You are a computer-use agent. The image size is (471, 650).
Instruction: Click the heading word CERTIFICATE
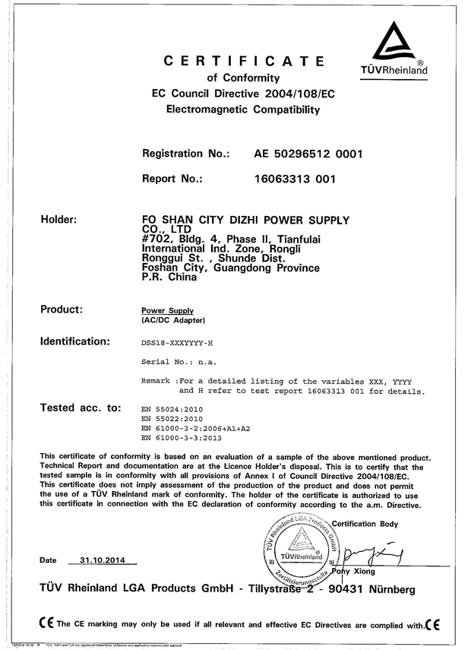[x=245, y=61]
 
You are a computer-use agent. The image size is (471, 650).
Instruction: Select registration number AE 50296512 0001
[x=308, y=154]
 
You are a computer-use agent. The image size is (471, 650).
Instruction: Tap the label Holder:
[x=58, y=220]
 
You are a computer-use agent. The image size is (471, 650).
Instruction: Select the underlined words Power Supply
[x=168, y=311]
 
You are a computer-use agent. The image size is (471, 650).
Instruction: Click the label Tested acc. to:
[x=80, y=408]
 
